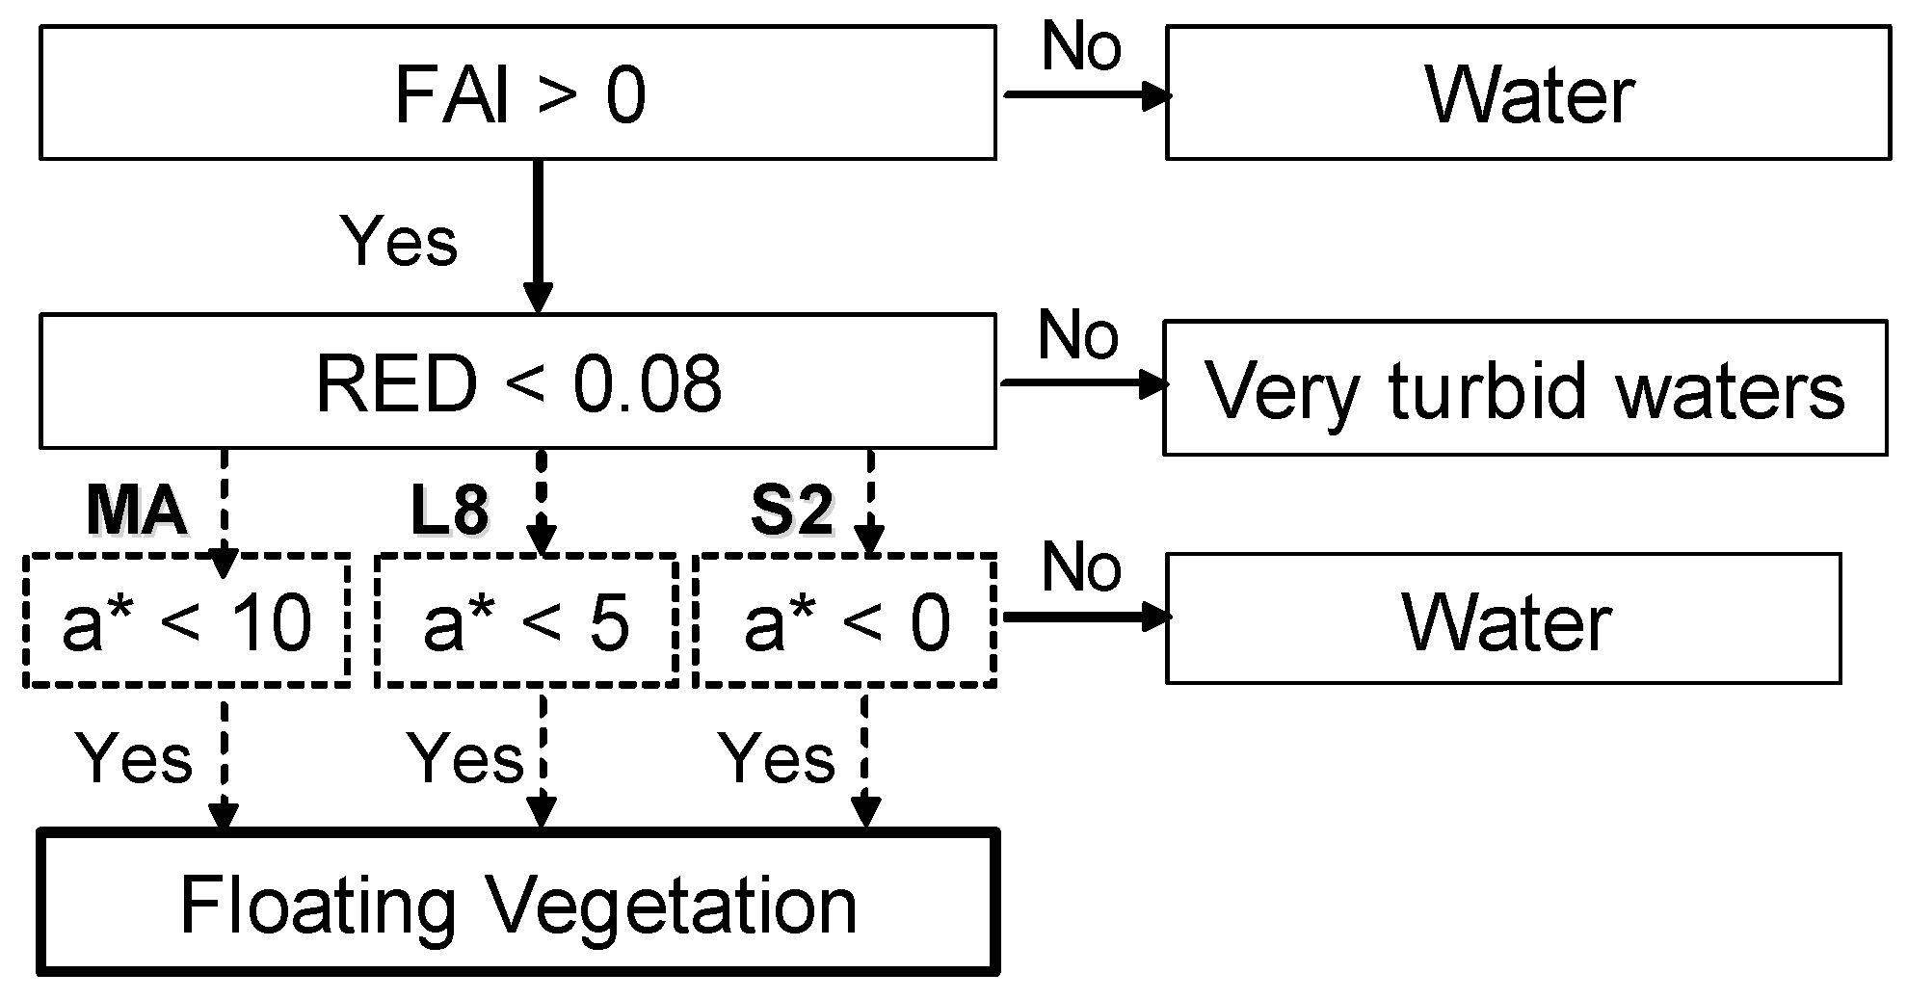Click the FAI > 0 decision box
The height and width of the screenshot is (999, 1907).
tap(517, 93)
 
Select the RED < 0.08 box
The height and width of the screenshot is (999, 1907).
tap(517, 382)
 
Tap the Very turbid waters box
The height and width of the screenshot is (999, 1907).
tap(1524, 388)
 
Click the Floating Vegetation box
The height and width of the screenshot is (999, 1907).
tap(517, 904)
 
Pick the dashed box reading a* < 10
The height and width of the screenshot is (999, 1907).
tap(186, 622)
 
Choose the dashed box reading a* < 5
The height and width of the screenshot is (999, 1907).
tap(526, 622)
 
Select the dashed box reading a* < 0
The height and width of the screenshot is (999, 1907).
tap(845, 622)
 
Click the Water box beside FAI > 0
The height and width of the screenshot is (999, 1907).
tap(1527, 93)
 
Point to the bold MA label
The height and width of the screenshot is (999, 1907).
tap(136, 511)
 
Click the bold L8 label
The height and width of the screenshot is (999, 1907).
tap(449, 511)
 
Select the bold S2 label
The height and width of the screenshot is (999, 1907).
tap(791, 511)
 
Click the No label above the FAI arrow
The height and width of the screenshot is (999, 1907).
tap(1081, 45)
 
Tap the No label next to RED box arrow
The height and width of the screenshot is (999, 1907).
tap(1077, 334)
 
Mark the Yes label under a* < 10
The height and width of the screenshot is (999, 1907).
tap(134, 758)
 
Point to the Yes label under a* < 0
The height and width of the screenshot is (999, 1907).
tap(778, 758)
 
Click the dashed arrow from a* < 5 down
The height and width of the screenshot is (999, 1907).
tap(543, 761)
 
